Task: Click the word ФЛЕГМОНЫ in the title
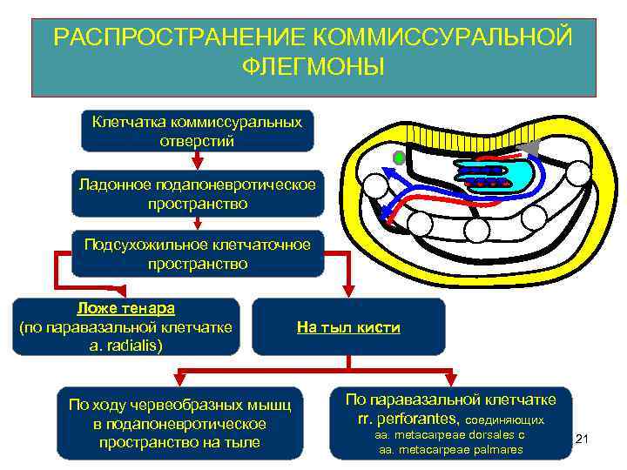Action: [x=313, y=67]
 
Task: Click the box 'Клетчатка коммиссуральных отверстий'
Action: [x=198, y=131]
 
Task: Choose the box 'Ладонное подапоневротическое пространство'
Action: [x=198, y=194]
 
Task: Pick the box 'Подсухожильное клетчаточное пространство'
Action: [x=198, y=253]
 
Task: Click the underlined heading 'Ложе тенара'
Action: [x=126, y=309]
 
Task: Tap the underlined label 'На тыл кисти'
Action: [x=348, y=328]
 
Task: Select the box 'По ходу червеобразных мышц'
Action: [x=180, y=422]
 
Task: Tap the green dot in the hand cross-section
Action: [x=399, y=158]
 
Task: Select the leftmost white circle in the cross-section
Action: [x=375, y=185]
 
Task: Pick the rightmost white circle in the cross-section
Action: [x=577, y=173]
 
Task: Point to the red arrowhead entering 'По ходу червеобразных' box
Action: [x=179, y=380]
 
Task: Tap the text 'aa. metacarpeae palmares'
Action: [x=450, y=450]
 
